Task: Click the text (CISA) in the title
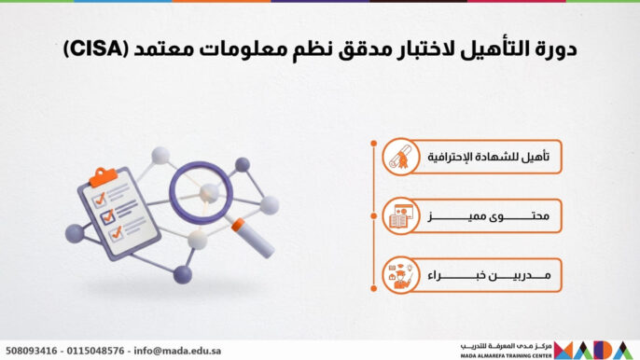click(x=90, y=48)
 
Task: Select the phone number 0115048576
click(x=98, y=351)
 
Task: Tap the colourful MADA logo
click(x=595, y=350)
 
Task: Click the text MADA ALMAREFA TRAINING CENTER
click(x=505, y=354)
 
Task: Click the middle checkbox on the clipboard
click(x=106, y=216)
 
